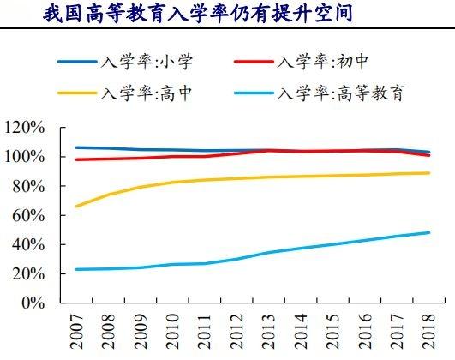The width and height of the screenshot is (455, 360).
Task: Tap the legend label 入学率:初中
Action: (x=320, y=63)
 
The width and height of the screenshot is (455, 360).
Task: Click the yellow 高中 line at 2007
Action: (x=75, y=207)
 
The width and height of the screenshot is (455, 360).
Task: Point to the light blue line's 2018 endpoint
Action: (x=428, y=232)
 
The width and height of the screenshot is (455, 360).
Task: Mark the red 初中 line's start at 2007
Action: (x=75, y=159)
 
